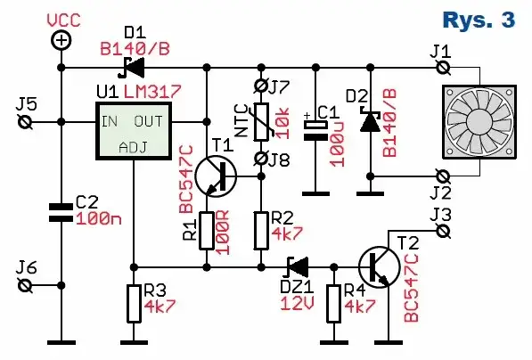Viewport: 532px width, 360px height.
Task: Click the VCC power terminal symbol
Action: (61, 40)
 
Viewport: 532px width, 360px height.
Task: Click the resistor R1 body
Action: (206, 230)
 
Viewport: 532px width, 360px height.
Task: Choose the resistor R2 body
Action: (260, 230)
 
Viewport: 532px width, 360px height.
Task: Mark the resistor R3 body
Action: (133, 304)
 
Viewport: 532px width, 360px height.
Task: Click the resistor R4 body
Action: (333, 304)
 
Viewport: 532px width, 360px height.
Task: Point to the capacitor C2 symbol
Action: (61, 211)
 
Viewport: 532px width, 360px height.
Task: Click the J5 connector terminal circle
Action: (26, 122)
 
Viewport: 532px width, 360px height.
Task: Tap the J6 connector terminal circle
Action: (26, 284)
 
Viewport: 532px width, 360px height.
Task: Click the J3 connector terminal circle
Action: (439, 230)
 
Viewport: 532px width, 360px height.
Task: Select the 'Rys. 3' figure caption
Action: (478, 20)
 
